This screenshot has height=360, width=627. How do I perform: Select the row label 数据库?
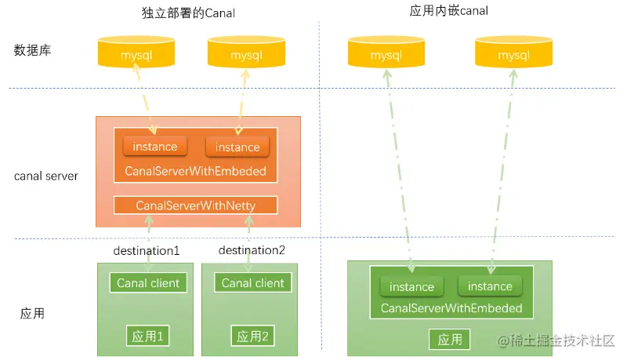click(32, 50)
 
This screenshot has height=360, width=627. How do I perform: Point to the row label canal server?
click(46, 176)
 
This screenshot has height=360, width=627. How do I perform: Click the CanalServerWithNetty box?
click(196, 205)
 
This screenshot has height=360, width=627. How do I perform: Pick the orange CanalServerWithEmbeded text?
click(196, 171)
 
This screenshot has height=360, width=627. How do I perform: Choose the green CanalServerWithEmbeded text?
click(451, 308)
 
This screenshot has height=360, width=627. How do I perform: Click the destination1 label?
click(147, 251)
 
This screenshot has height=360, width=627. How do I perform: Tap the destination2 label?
click(252, 251)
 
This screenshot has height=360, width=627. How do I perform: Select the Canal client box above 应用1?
click(148, 283)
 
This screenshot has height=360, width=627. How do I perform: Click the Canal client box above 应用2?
click(253, 283)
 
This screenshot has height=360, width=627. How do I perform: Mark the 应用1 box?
click(148, 336)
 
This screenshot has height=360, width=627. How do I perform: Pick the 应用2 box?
click(253, 336)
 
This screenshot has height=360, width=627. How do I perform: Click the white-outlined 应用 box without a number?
click(450, 340)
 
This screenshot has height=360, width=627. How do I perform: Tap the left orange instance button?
click(155, 147)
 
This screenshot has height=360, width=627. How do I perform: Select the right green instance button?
click(490, 286)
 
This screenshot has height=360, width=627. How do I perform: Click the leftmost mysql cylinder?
click(136, 55)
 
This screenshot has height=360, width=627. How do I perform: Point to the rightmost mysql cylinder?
click(513, 55)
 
